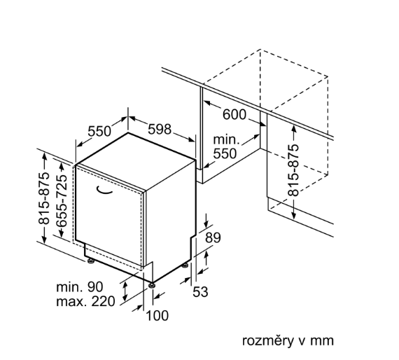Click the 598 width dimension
tap(160, 130)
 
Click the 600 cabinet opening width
tap(234, 115)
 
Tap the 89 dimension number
tap(213, 238)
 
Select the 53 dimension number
tap(200, 292)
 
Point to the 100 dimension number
tap(157, 316)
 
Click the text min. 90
tap(80, 287)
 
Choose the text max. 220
tap(85, 301)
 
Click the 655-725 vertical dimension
tap(62, 200)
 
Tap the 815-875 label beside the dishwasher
tap(44, 198)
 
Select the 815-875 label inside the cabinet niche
tap(293, 170)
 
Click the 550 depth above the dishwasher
tap(99, 132)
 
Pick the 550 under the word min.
tap(225, 154)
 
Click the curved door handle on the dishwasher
tap(104, 191)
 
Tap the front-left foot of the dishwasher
tap(90, 261)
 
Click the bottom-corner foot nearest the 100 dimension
tap(152, 285)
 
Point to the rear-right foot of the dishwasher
tap(185, 265)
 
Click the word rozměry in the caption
tap(267, 341)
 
